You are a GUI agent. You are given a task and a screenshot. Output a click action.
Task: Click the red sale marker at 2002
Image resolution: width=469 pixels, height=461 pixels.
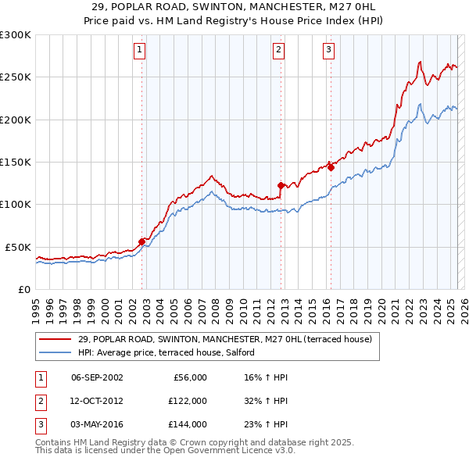[x=142, y=241]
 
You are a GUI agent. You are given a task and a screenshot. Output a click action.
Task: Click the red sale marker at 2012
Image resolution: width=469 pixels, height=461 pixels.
[x=281, y=185]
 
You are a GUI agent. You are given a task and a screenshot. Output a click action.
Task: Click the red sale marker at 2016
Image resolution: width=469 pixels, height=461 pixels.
[x=331, y=166]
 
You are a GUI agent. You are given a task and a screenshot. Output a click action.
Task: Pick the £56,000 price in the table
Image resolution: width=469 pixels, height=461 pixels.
[x=188, y=377]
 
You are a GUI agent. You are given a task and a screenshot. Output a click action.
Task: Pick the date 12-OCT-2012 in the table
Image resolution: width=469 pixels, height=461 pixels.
[x=97, y=400]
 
